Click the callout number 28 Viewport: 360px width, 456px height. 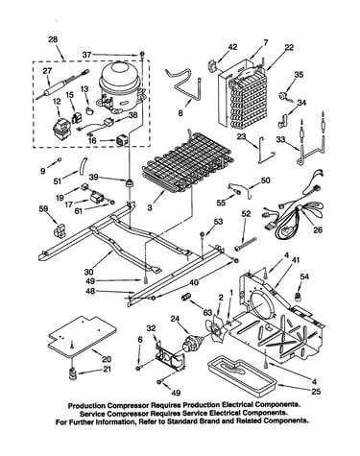click(53, 39)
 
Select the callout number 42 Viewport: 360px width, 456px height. click(232, 47)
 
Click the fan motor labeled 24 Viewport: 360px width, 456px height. click(191, 343)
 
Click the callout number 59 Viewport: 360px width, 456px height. click(43, 209)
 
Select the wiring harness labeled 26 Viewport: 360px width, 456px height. click(293, 209)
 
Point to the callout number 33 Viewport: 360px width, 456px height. click(280, 140)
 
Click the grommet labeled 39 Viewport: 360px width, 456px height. click(130, 183)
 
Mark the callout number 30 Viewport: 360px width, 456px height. click(88, 273)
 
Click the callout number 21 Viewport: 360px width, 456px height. click(107, 370)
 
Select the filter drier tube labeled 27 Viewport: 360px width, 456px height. click(63, 84)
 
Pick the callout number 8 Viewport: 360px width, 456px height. click(180, 113)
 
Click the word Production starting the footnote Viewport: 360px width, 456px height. click(86, 405)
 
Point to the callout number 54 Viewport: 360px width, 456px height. click(304, 276)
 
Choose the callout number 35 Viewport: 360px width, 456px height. click(299, 75)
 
